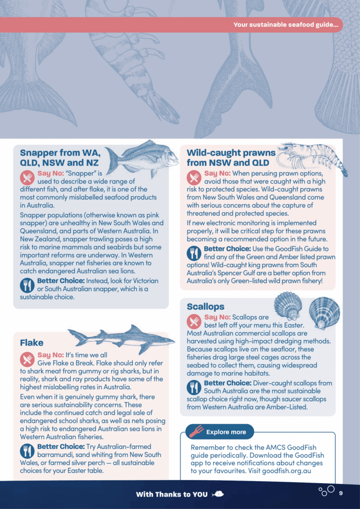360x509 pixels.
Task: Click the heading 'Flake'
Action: point(31,343)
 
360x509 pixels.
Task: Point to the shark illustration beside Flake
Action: point(121,339)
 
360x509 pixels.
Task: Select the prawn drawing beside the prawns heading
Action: point(312,158)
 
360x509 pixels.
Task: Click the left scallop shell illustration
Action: point(287,306)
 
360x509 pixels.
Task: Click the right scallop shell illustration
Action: point(324,313)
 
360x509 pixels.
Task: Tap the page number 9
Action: point(341,494)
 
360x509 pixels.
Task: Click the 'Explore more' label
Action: point(226,432)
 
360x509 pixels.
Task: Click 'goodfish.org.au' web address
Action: point(286,471)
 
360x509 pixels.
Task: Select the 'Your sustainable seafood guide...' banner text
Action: point(285,25)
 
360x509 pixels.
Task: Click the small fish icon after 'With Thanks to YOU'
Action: point(217,494)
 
